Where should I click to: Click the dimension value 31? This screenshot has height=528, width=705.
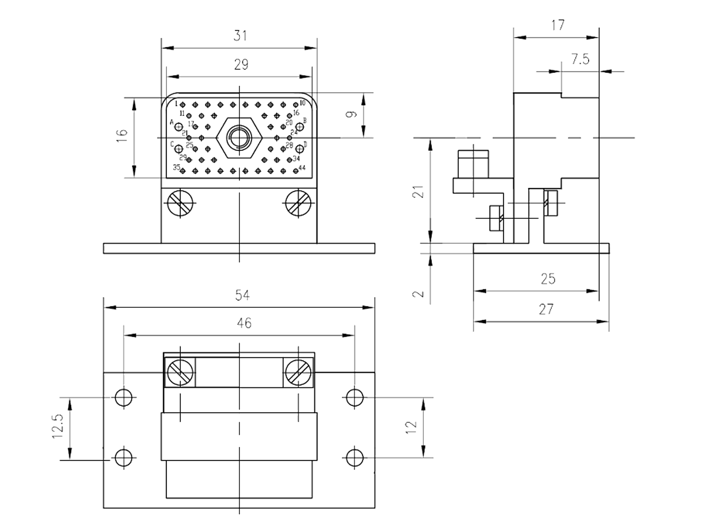coord(240,36)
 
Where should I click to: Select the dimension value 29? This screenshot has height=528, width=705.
coord(240,65)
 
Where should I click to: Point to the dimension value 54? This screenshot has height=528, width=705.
coord(240,295)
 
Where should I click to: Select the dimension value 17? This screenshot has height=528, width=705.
coord(558,25)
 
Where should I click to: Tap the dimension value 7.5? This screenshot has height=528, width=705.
coord(580,59)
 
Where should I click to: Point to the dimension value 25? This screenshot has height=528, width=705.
coord(548,278)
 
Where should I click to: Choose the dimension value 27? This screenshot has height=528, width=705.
coord(546,309)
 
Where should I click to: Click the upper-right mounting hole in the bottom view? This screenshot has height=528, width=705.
coord(354,397)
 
